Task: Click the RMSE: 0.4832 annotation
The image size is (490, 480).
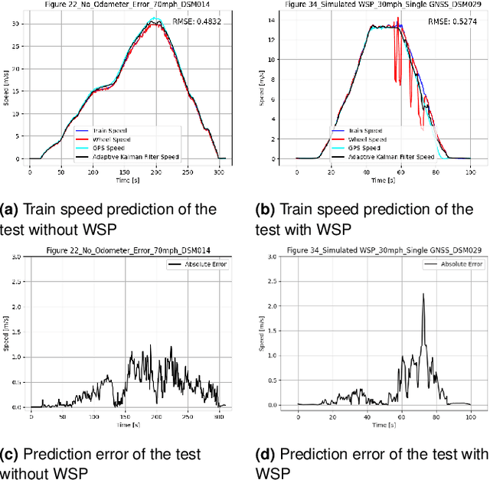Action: [201, 21]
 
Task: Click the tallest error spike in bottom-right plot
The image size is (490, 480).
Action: [423, 295]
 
